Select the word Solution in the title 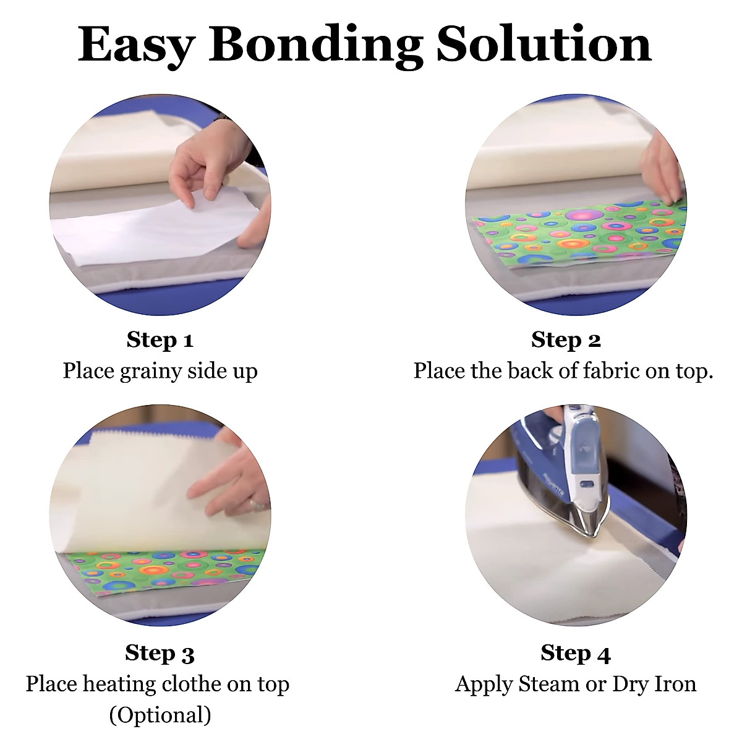(x=544, y=45)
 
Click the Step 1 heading (x=160, y=340)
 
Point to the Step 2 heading (x=566, y=340)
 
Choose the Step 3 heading (x=160, y=653)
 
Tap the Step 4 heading (x=575, y=653)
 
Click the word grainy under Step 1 (x=150, y=372)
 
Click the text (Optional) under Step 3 (x=160, y=715)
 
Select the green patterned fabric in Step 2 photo (x=575, y=235)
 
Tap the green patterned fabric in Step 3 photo (x=161, y=569)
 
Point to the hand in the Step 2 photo (x=662, y=167)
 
